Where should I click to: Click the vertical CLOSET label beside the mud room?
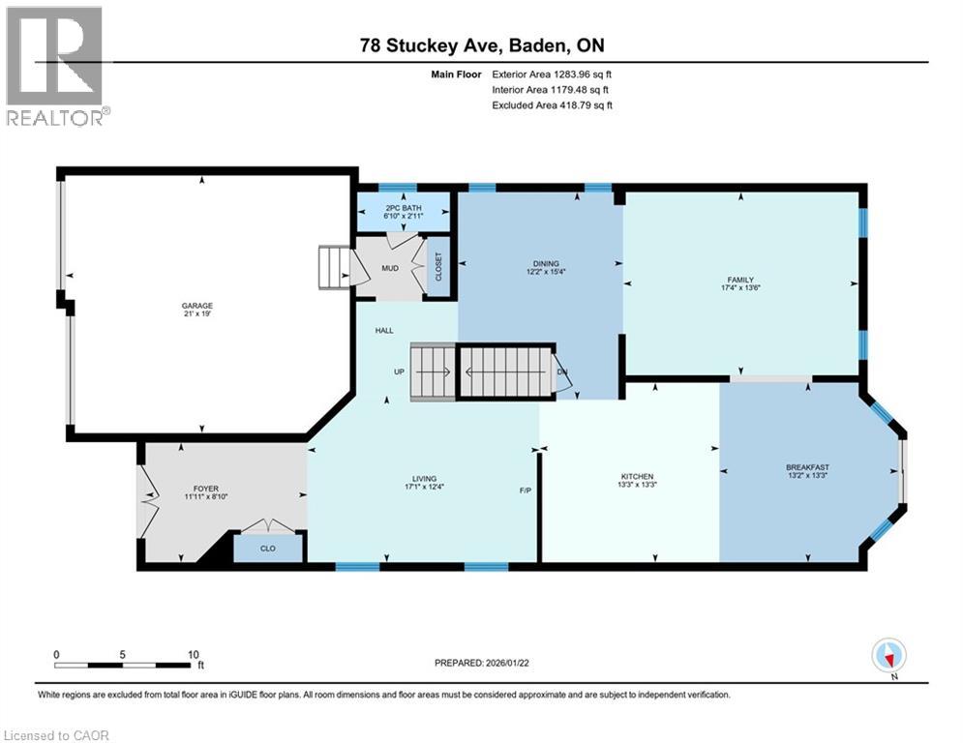(438, 266)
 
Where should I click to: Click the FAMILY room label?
(741, 281)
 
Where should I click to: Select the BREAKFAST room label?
(807, 467)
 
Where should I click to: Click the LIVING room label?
(424, 478)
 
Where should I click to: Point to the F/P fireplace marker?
(525, 490)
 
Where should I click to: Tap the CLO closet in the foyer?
(267, 548)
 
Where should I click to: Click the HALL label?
(383, 330)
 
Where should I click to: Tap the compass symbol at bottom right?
(888, 655)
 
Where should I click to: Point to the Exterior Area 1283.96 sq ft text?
(553, 73)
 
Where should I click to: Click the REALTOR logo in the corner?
(56, 66)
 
